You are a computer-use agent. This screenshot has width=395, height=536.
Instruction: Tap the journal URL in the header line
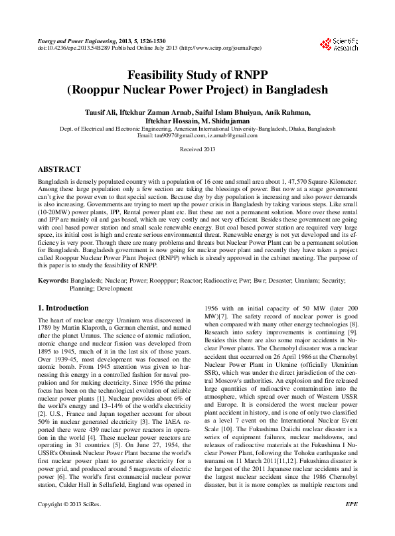[221, 48]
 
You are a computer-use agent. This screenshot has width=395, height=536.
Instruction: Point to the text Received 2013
[197, 151]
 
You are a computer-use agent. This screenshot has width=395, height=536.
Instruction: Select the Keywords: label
[53, 281]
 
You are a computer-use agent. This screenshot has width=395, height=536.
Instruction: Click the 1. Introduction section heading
[63, 308]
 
